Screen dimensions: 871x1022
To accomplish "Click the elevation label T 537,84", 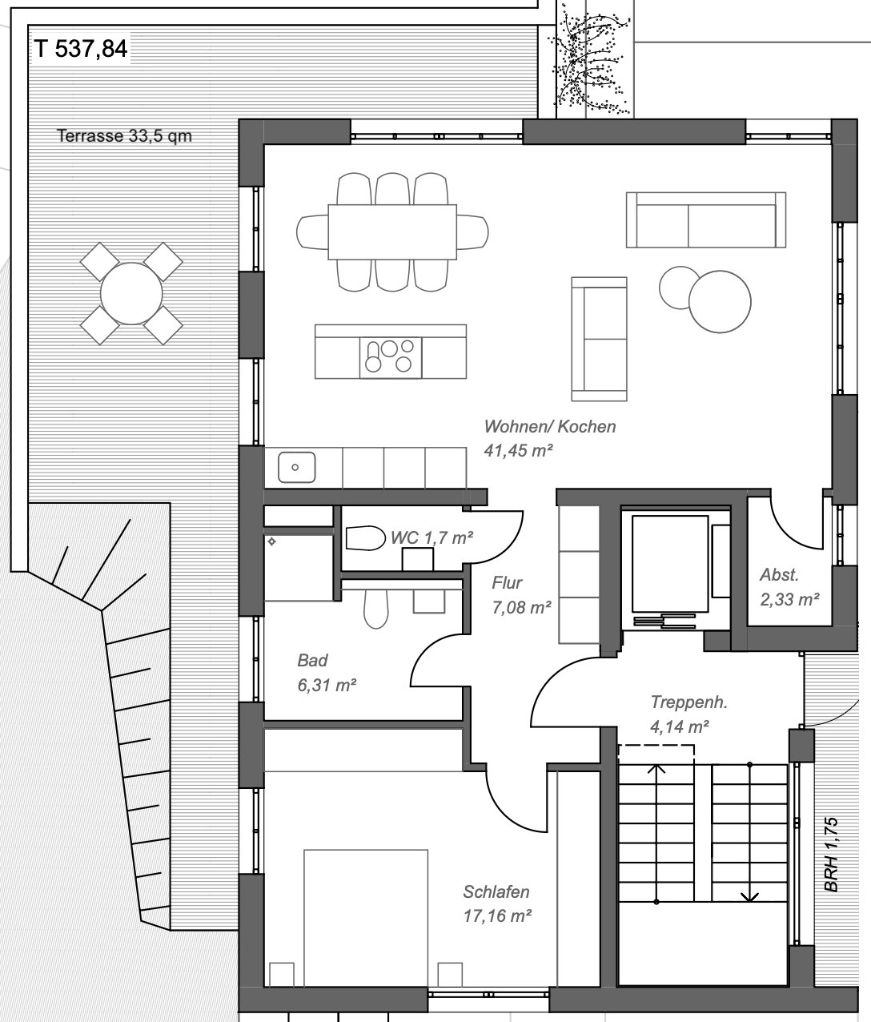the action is click(x=80, y=49).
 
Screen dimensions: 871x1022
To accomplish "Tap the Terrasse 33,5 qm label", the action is click(x=124, y=135).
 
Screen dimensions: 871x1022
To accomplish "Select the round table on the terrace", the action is click(x=131, y=292).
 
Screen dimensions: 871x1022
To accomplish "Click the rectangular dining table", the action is click(x=391, y=231).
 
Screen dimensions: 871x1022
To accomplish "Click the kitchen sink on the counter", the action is click(x=296, y=467).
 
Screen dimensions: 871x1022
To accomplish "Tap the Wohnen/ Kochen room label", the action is click(x=550, y=426).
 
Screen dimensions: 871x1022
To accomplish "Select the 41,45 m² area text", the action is click(x=519, y=450).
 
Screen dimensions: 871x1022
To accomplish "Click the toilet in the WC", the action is click(x=365, y=537).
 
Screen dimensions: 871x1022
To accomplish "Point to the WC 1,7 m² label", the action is click(x=431, y=537).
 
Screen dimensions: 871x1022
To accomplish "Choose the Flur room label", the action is click(x=507, y=583).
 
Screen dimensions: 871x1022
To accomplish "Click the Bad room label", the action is click(x=312, y=661).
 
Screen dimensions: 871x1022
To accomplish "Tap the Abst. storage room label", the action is click(x=780, y=574).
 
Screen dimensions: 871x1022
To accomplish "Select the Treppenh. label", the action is click(x=688, y=702).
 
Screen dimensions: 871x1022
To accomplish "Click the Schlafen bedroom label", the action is click(x=496, y=891).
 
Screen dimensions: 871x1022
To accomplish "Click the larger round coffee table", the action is click(x=720, y=302).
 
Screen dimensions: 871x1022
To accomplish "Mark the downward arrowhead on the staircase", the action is click(x=749, y=895).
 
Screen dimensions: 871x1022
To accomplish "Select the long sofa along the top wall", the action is click(x=705, y=219).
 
